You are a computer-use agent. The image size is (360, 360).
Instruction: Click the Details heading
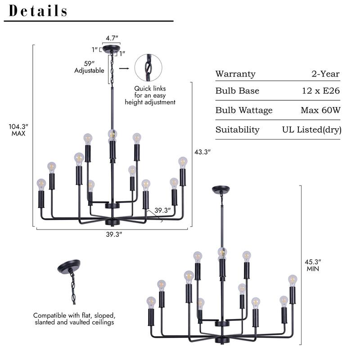click(x=38, y=11)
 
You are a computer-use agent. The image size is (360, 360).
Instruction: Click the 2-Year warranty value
click(x=325, y=74)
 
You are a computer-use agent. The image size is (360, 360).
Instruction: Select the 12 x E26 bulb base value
click(x=321, y=91)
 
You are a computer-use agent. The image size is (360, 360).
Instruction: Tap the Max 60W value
click(x=320, y=110)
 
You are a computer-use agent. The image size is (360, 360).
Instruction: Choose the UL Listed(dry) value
click(x=311, y=130)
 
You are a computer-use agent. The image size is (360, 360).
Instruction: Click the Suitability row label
click(x=237, y=130)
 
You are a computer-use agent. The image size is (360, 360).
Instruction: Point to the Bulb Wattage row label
click(x=244, y=110)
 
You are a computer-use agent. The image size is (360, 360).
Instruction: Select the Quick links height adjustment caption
click(x=150, y=95)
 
